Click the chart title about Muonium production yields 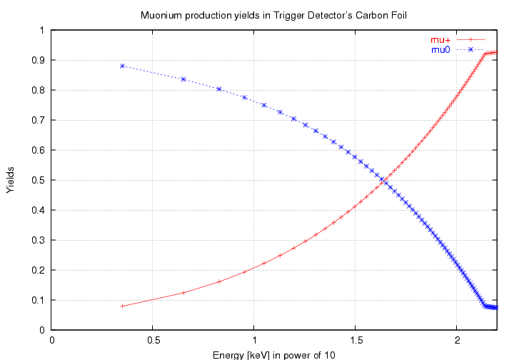click(273, 14)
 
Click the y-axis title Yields click(10, 181)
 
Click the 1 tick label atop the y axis click(42, 30)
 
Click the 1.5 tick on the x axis click(356, 341)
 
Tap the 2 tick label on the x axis click(457, 341)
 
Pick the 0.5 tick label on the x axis click(153, 341)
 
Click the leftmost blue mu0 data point click(123, 66)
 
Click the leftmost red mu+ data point click(123, 306)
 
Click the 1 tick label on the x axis click(254, 341)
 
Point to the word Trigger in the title click(288, 14)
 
